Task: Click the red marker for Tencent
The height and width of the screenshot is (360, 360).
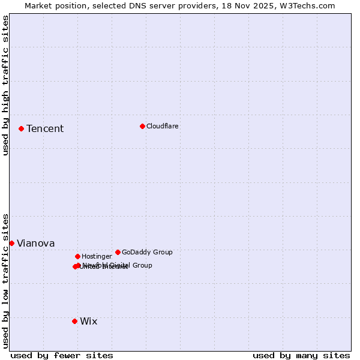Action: click(x=21, y=128)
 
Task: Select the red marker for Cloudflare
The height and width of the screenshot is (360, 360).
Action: click(x=142, y=126)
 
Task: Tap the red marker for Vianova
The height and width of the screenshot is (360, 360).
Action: click(x=11, y=243)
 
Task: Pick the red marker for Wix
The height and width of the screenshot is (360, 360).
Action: click(x=74, y=321)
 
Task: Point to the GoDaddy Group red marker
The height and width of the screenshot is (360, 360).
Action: click(x=118, y=252)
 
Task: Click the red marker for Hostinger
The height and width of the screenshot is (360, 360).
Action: click(x=77, y=256)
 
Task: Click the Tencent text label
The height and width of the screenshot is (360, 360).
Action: click(x=45, y=129)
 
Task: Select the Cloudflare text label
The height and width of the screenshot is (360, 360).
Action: click(x=163, y=126)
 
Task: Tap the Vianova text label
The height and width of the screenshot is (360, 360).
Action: click(x=36, y=244)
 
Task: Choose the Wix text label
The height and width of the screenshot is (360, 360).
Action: click(x=89, y=322)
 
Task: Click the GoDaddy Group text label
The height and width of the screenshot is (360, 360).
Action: click(x=147, y=252)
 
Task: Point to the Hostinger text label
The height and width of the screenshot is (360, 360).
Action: click(x=97, y=257)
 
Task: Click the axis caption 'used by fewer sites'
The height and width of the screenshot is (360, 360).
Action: click(x=62, y=355)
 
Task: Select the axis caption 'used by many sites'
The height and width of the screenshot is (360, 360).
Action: click(x=301, y=355)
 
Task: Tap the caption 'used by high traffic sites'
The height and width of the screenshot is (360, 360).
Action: click(x=6, y=85)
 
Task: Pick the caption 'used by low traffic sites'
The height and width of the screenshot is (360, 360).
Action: click(x=6, y=280)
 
